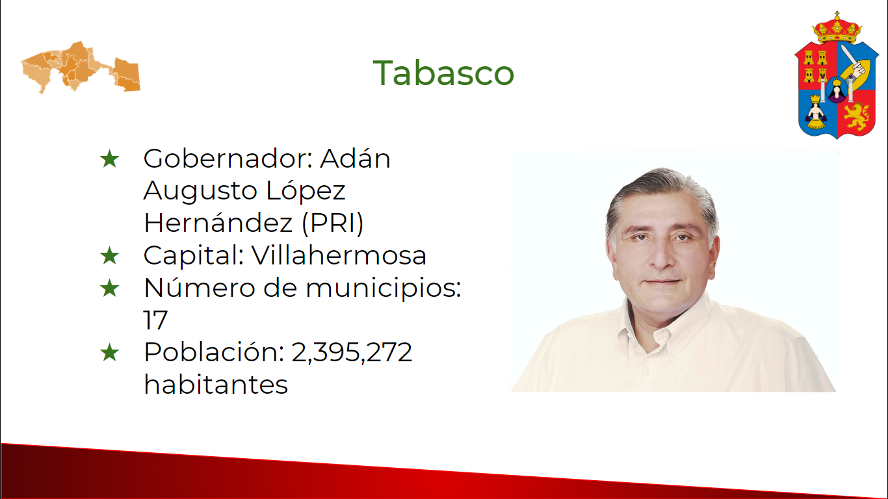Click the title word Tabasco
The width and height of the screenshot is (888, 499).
[x=443, y=73]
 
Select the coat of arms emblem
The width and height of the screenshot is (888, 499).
[x=837, y=75]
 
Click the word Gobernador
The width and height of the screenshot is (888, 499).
[x=225, y=159]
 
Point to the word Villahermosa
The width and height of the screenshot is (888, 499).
[x=339, y=255]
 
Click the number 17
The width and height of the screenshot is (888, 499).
[x=155, y=320]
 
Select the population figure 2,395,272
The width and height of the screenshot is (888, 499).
[x=352, y=352]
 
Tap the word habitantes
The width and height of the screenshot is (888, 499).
[x=216, y=384]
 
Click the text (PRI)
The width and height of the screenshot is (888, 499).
[x=333, y=223]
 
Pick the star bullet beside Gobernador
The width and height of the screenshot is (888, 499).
[x=109, y=159]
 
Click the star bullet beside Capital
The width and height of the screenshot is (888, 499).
[x=109, y=255]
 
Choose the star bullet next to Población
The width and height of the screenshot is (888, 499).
[x=109, y=352]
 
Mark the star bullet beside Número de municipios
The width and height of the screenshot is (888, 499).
[x=109, y=288]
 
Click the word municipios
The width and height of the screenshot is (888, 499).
[x=384, y=288]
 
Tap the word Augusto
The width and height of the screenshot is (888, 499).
[x=200, y=192]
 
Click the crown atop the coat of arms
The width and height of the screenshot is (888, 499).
[x=837, y=28]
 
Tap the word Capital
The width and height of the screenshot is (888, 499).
[x=194, y=255]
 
